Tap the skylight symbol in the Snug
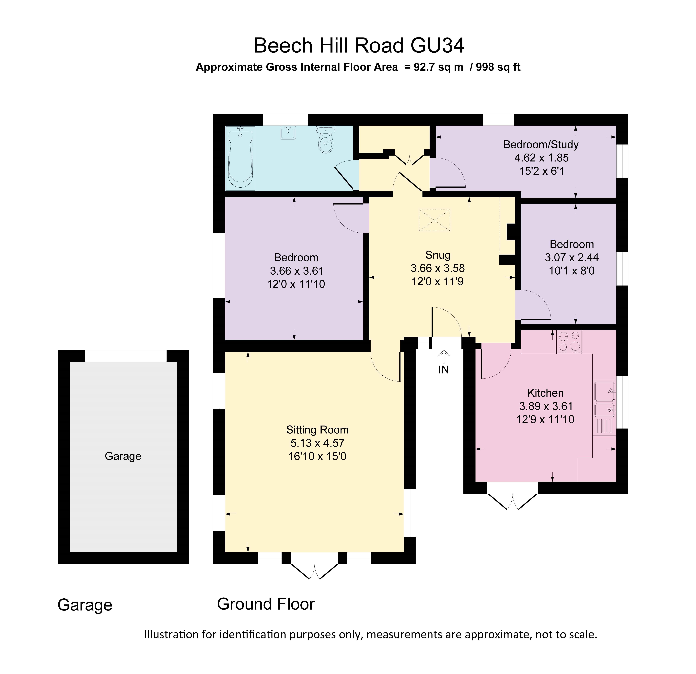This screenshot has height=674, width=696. [x=434, y=220]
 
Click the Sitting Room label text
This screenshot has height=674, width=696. [x=317, y=430]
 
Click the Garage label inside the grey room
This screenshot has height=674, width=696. [x=123, y=456]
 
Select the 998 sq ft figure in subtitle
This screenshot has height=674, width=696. [x=498, y=67]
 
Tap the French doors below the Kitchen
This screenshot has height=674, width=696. [x=512, y=501]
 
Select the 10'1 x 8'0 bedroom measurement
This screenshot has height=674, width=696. [x=571, y=271]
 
